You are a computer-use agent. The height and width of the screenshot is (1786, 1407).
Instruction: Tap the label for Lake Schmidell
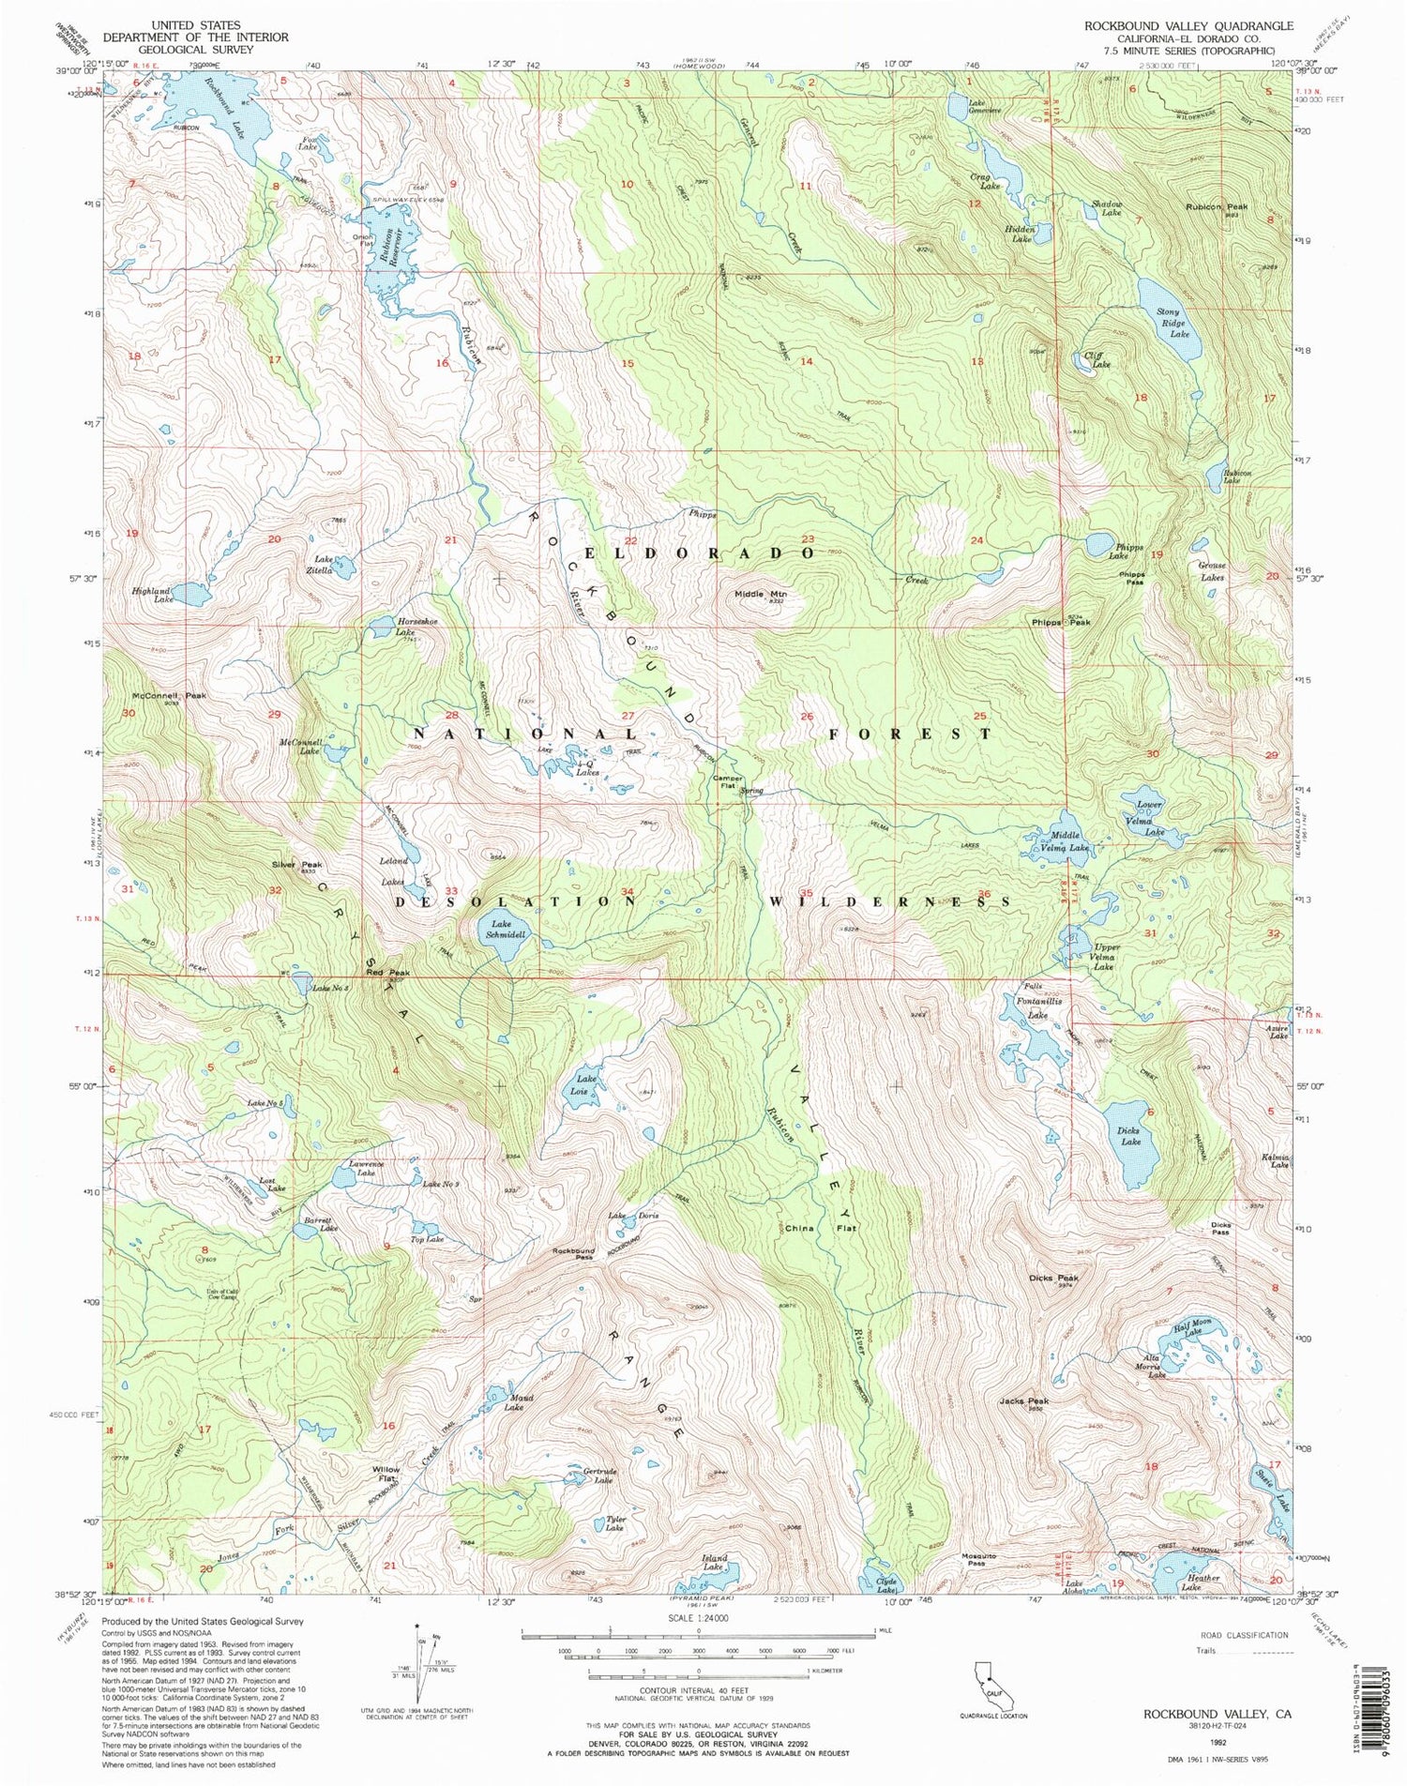pyautogui.click(x=502, y=930)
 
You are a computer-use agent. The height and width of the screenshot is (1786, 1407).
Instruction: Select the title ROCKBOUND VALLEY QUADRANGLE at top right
pyautogui.click(x=1188, y=26)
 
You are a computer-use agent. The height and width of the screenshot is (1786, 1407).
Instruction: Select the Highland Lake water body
pyautogui.click(x=190, y=594)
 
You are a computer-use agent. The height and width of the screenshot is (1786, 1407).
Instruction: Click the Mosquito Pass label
pyautogui.click(x=977, y=1557)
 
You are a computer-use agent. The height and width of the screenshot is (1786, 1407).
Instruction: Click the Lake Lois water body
pyautogui.click(x=582, y=1091)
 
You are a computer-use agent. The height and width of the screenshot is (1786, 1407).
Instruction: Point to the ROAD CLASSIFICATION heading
pyautogui.click(x=1244, y=1635)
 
